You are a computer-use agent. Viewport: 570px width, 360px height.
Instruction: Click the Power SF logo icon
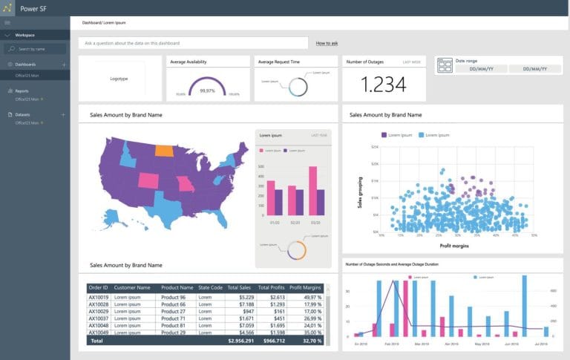click(8, 7)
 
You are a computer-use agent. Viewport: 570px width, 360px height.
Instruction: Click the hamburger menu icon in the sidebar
click(7, 23)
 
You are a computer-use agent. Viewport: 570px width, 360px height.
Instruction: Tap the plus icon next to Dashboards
click(64, 65)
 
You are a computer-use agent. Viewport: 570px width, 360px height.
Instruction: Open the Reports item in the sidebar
click(22, 91)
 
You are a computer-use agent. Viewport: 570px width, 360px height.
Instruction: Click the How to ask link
click(327, 44)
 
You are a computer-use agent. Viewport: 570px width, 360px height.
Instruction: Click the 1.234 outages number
click(384, 85)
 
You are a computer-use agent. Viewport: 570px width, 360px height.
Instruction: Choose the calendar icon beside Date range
click(445, 66)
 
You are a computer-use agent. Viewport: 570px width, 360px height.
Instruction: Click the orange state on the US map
click(164, 148)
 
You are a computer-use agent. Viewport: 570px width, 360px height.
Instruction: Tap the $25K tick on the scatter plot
click(375, 147)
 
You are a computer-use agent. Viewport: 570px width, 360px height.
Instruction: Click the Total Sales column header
click(239, 287)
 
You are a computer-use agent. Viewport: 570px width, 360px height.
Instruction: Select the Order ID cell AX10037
click(98, 318)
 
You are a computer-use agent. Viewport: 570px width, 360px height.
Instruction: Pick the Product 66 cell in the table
click(173, 304)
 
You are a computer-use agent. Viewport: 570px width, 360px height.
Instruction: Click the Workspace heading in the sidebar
click(25, 35)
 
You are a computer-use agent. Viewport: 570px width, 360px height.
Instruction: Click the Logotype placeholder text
click(119, 78)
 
